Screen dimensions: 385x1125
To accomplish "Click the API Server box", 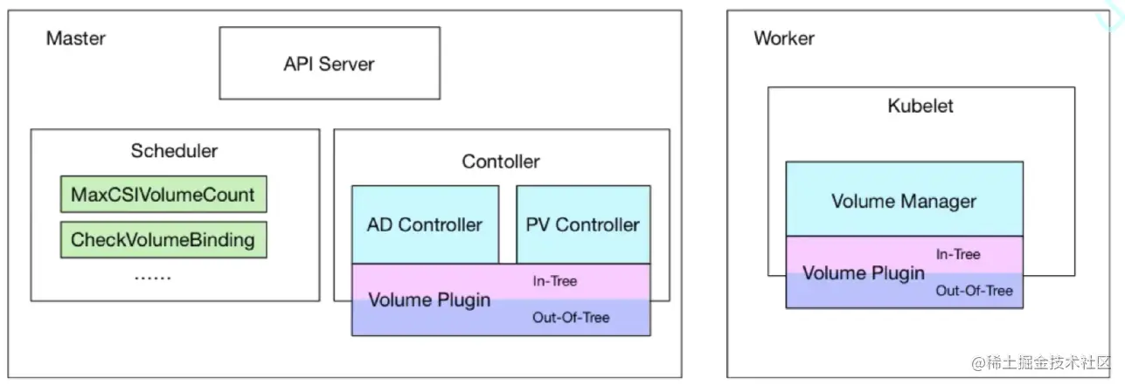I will tap(329, 63).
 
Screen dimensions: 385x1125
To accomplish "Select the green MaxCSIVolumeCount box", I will tap(163, 194).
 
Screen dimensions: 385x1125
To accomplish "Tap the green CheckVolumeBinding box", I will tap(163, 239).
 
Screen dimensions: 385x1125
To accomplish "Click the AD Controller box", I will tap(425, 224).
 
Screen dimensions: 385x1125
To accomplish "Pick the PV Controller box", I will tap(583, 224).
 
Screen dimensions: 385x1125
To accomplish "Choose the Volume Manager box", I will tap(904, 201).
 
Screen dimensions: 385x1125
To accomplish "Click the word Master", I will tap(75, 38).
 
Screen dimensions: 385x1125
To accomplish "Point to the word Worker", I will tap(784, 38).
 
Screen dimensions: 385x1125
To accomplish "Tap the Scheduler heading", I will tap(174, 151).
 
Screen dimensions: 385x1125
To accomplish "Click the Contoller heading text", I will tap(501, 162).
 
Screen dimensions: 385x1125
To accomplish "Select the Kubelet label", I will tap(920, 107).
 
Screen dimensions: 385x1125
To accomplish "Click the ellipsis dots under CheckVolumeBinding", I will tap(153, 278).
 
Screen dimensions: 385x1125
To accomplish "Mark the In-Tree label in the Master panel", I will tap(555, 281).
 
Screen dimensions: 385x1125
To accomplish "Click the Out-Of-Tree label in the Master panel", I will tap(571, 318).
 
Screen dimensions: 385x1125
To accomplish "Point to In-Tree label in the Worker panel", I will tap(958, 254).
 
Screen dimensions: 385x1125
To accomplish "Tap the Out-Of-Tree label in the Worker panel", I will tap(974, 291).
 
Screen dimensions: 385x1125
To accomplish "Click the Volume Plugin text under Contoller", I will tap(429, 300).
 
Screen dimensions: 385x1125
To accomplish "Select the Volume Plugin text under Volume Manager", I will tap(864, 273).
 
